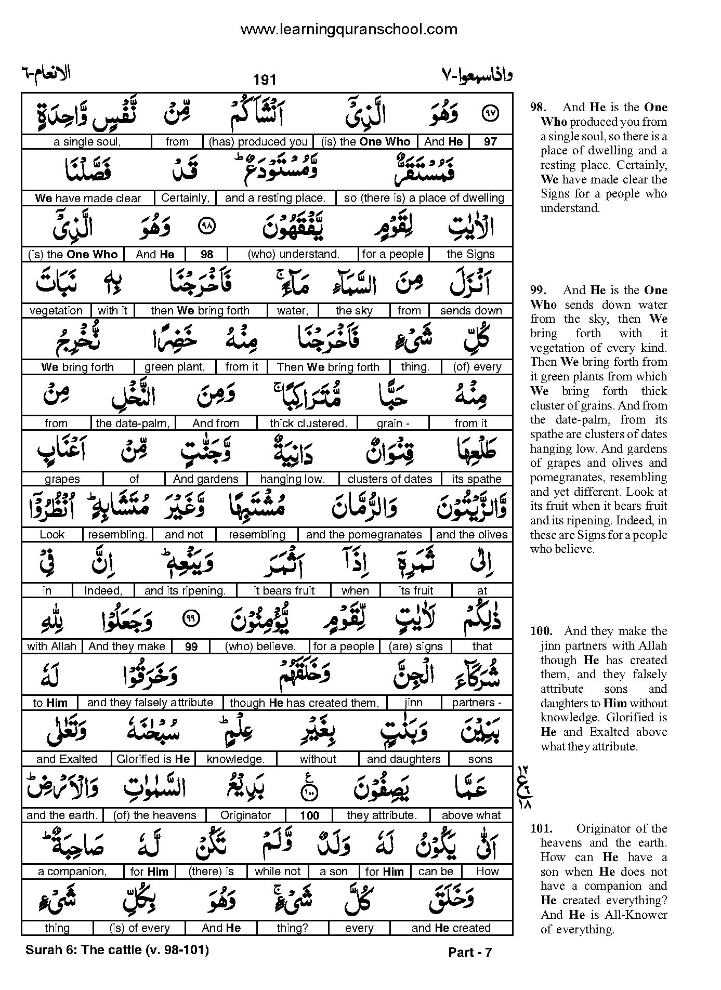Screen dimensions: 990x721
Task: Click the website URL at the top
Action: coord(349,29)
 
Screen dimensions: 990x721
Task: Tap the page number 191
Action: coord(265,80)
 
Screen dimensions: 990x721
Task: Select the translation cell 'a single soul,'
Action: coord(87,142)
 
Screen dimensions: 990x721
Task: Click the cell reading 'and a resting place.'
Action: coord(275,198)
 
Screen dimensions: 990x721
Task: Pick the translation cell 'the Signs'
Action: coord(470,254)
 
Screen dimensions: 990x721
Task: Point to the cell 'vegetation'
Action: coord(56,311)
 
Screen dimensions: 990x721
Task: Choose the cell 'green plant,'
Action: coord(175,367)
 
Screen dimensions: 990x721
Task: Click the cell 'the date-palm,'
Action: coord(133,423)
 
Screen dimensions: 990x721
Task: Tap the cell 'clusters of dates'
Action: coord(389,479)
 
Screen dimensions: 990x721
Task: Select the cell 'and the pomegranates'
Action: coord(364,535)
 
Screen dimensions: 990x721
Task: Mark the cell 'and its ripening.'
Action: coord(185,591)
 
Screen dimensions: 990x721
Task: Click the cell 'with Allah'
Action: coord(51,646)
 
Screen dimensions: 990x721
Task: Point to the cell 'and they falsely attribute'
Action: coord(150,703)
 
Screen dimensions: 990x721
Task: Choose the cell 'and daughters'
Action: coord(403,759)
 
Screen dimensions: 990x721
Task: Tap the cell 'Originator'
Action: coord(246,815)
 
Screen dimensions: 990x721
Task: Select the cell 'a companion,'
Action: coord(72,872)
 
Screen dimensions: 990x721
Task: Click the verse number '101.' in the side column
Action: coord(541,829)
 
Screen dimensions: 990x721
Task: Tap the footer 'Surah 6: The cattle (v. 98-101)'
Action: coord(117,950)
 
